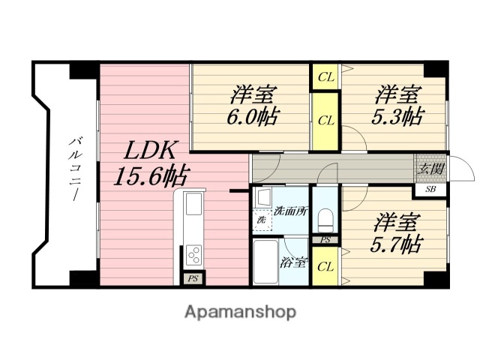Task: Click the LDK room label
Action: click(149, 150)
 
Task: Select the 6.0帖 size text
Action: click(253, 118)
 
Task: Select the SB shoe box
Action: click(430, 189)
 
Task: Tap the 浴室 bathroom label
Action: click(292, 263)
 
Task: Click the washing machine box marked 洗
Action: click(262, 221)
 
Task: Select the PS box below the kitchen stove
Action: click(192, 279)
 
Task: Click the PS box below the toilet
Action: click(325, 240)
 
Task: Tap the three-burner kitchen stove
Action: click(193, 255)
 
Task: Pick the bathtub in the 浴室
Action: click(265, 263)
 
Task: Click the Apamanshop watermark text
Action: click(241, 311)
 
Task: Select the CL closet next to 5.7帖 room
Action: click(325, 266)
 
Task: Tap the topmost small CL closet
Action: click(325, 76)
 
